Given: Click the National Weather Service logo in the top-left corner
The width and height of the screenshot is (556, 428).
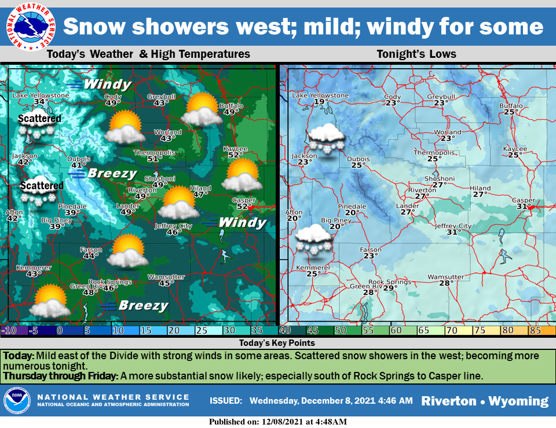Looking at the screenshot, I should pos(29,27).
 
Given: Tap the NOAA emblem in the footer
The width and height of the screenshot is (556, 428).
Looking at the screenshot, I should pos(17,401).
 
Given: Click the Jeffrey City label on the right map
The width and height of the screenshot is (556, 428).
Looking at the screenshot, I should pos(453,226).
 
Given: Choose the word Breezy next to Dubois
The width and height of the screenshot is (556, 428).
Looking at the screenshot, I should pos(111,174).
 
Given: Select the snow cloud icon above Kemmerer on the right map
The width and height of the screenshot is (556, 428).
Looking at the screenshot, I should pos(313,239).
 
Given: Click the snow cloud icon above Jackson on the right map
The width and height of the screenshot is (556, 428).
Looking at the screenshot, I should pos(327,138).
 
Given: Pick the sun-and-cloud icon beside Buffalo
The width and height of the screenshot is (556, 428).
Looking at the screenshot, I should pos(201,110).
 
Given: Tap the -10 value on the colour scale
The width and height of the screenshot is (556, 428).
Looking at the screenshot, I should pos(9,331).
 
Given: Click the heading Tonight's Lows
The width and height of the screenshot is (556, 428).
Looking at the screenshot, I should pos(416,54).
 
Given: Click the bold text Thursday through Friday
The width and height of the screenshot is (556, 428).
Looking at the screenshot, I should pos(60,375).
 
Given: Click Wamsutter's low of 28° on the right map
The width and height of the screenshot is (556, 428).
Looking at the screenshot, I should pos(445,283).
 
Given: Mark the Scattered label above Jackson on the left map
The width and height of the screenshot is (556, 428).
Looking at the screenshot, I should pos(39,119).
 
